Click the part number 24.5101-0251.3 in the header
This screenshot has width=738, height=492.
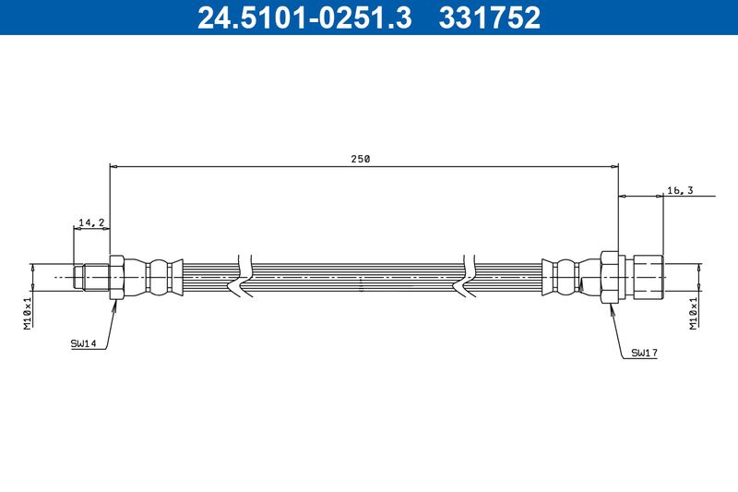(304, 18)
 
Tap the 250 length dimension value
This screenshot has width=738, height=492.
(360, 159)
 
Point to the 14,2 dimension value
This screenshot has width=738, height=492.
(91, 222)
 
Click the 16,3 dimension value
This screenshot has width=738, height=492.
(679, 190)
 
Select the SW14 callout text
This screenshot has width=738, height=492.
(84, 343)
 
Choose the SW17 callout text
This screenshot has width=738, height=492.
(644, 353)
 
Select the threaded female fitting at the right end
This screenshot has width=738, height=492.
(647, 276)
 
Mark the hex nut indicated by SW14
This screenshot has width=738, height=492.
(116, 276)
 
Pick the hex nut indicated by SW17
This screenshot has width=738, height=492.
(609, 276)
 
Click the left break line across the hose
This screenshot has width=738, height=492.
(244, 276)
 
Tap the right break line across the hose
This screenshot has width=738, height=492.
(469, 276)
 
